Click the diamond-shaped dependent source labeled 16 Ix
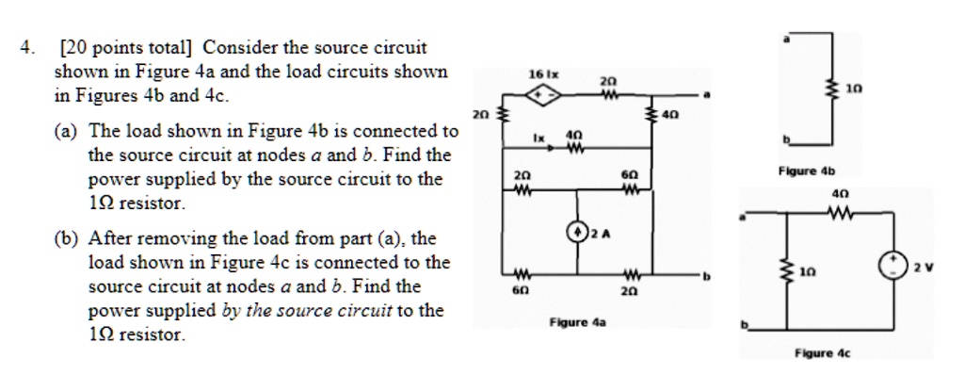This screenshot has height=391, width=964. tap(542, 94)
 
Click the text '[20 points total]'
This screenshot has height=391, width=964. tap(126, 47)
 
